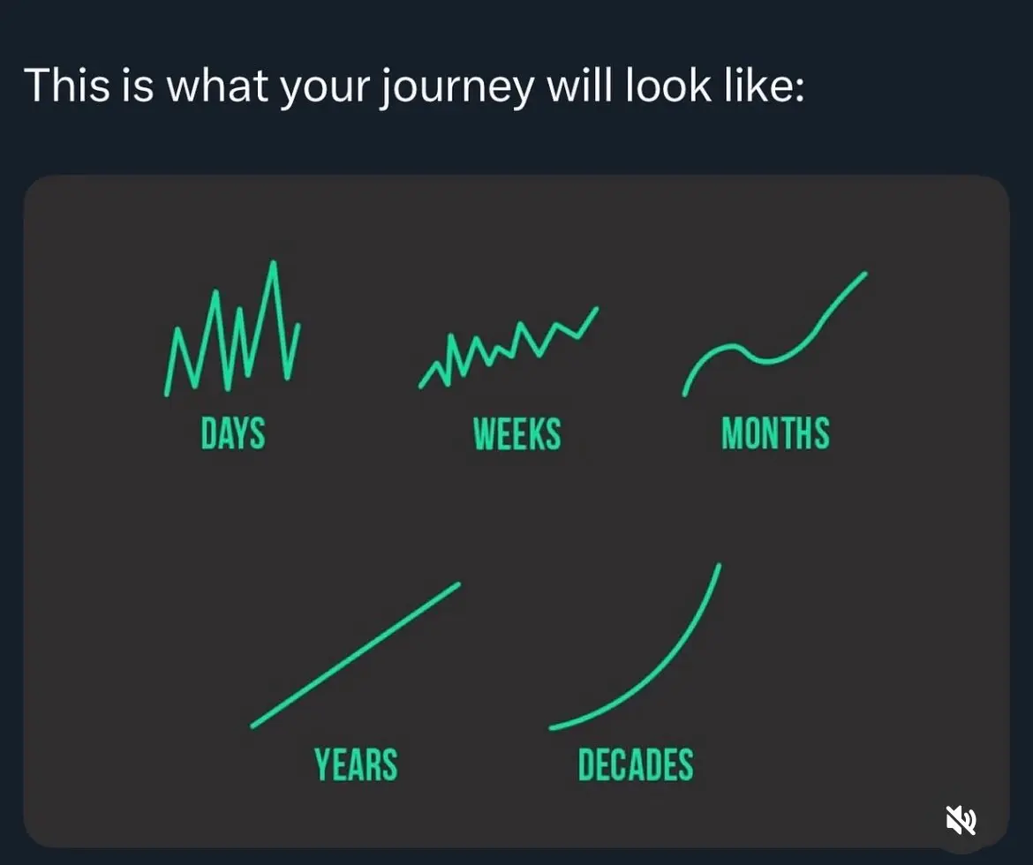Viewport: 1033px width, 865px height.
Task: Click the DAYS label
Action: pyautogui.click(x=232, y=432)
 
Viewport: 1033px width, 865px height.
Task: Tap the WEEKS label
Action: pyautogui.click(x=517, y=433)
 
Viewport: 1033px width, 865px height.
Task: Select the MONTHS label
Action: pyautogui.click(x=775, y=432)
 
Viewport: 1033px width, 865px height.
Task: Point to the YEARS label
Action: pyautogui.click(x=356, y=764)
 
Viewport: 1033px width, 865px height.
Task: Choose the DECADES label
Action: pyautogui.click(x=636, y=764)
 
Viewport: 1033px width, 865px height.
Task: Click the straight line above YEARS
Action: pyautogui.click(x=355, y=656)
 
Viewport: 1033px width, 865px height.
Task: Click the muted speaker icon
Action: pyautogui.click(x=961, y=820)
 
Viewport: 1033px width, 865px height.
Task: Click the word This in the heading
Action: pyautogui.click(x=66, y=85)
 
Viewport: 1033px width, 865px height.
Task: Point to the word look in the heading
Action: pyautogui.click(x=668, y=85)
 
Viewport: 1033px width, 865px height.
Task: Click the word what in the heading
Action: pyautogui.click(x=217, y=85)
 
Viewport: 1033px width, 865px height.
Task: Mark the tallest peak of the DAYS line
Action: pyautogui.click(x=273, y=263)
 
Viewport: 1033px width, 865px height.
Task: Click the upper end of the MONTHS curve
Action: pyautogui.click(x=865, y=274)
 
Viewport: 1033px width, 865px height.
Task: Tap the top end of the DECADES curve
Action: pyautogui.click(x=719, y=565)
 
